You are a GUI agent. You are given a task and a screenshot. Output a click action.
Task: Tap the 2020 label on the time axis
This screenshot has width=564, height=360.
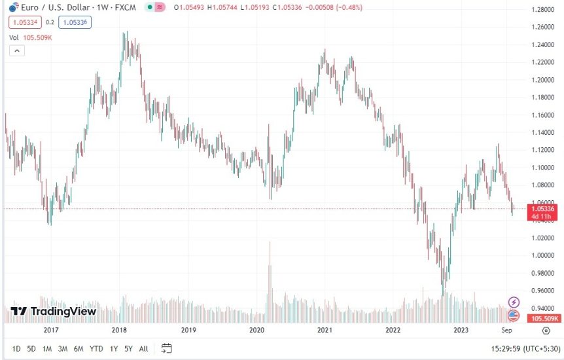click(256, 330)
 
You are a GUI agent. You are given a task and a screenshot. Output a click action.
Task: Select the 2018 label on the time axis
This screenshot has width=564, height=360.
click(119, 330)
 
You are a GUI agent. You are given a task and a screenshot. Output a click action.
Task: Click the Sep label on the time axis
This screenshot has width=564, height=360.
click(507, 330)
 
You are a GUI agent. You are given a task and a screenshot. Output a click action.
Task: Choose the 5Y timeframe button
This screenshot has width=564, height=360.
click(128, 348)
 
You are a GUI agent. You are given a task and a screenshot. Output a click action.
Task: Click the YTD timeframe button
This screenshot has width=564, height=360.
click(96, 348)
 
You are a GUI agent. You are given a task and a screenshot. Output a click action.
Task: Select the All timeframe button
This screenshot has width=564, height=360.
click(143, 348)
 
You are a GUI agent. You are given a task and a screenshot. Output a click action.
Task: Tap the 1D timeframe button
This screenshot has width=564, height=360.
click(16, 348)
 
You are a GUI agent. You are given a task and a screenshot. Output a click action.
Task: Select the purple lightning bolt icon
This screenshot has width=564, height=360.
click(514, 302)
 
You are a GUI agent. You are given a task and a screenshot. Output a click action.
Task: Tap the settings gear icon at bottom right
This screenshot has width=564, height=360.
click(546, 331)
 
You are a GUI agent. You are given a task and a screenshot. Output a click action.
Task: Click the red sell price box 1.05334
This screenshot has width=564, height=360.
click(24, 22)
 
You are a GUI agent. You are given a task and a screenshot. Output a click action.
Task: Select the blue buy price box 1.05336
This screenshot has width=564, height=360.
click(74, 22)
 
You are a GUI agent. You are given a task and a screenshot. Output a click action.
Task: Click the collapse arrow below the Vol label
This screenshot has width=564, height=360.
click(16, 51)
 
